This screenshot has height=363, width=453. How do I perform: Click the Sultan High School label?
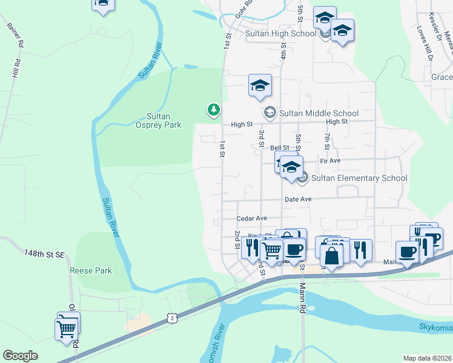[x=280, y=34]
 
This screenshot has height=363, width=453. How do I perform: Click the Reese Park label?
[x=91, y=271]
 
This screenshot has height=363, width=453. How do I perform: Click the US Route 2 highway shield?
[x=173, y=318]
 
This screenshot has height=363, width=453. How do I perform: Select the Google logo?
[x=21, y=356]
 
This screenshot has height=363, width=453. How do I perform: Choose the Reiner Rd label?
[x=15, y=35]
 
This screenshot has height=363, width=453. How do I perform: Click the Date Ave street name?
[x=297, y=199]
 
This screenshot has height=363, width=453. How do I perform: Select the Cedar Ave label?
[x=251, y=218]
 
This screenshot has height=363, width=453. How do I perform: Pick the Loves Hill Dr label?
[x=425, y=44]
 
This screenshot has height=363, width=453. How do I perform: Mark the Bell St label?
[x=280, y=148]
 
